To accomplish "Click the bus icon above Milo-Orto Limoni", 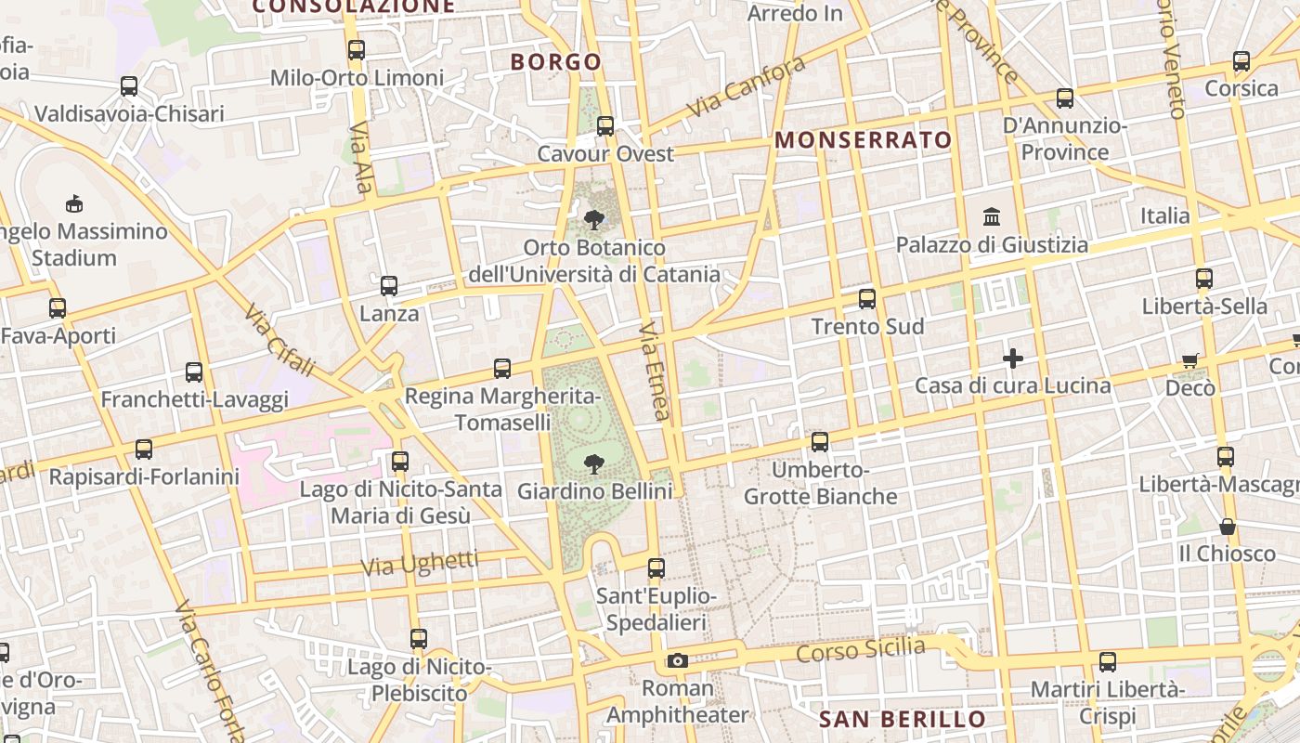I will [x=357, y=50].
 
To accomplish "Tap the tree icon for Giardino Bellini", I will [x=594, y=463].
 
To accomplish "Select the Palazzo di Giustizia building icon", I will [x=992, y=216].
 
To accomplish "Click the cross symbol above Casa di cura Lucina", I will [x=1013, y=358].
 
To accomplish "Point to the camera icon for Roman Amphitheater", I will [x=678, y=660].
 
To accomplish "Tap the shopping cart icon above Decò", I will [x=1190, y=360].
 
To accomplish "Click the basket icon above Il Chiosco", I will [x=1228, y=527].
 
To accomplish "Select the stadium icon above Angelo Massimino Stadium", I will [x=74, y=203].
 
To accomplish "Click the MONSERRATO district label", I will [x=864, y=140].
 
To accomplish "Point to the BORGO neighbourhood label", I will [x=556, y=62].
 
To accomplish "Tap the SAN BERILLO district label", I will [x=903, y=719].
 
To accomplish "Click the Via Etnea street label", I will [x=655, y=371].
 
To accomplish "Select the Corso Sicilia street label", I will [x=861, y=648].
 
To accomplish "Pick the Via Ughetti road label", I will [x=420, y=562].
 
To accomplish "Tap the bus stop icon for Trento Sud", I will [x=867, y=298].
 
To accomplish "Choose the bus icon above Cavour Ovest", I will [x=605, y=125].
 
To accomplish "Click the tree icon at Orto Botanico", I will [x=594, y=220].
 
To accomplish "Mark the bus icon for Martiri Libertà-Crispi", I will [x=1107, y=662].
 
